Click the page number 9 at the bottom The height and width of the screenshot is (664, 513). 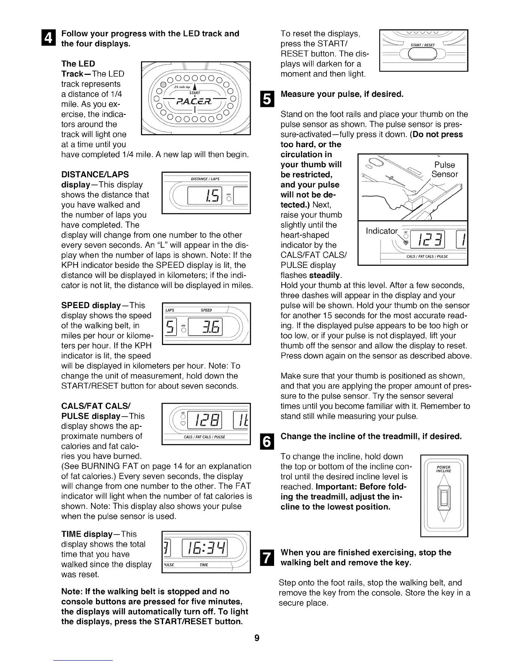click(x=256, y=638)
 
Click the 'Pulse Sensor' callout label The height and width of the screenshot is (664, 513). click(x=444, y=169)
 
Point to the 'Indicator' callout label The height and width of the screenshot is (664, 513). click(x=381, y=231)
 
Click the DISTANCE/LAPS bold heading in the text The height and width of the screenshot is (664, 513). click(x=95, y=174)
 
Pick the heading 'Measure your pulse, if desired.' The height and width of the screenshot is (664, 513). click(x=342, y=94)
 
